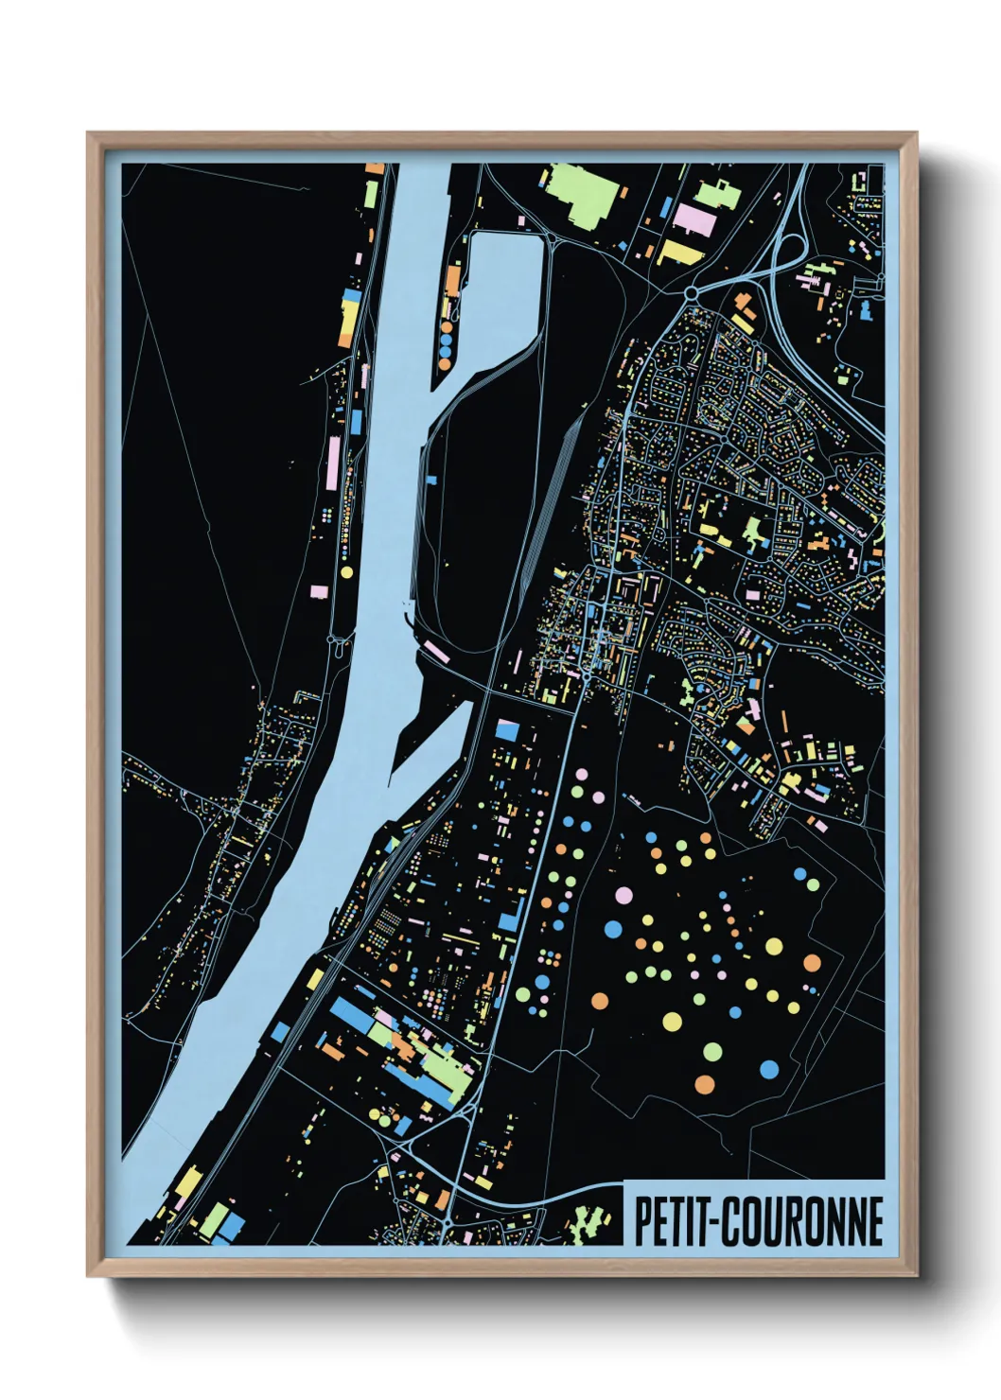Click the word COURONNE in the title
point(803,1221)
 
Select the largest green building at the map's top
point(580,194)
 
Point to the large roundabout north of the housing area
point(692,293)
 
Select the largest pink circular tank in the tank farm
point(623,894)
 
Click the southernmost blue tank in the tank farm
point(769,1069)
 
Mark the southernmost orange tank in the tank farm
point(704,1083)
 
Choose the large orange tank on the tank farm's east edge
point(812,963)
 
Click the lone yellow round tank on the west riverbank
point(346,571)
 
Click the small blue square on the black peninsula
point(432,481)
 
